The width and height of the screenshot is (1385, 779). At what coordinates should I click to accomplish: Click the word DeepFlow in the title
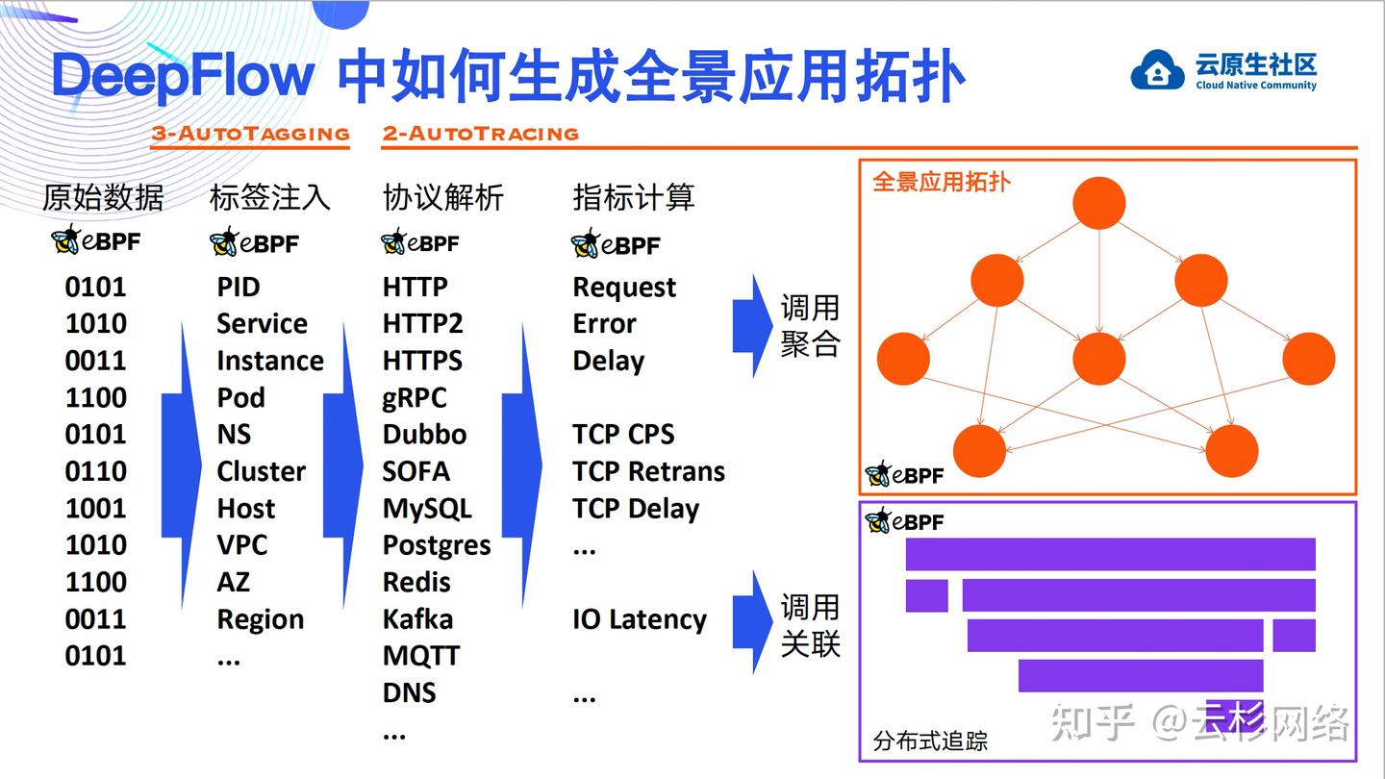(x=183, y=76)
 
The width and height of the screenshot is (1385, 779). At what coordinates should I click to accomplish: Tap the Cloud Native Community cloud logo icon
(x=1157, y=70)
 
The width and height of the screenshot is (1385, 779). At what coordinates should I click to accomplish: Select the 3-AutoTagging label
(x=250, y=134)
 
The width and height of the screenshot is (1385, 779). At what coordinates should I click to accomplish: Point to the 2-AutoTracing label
(x=480, y=134)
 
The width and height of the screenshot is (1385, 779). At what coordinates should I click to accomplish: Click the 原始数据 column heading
(x=103, y=197)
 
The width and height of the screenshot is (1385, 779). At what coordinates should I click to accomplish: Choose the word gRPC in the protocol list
(x=415, y=397)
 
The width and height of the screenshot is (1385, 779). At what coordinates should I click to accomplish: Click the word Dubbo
(x=424, y=434)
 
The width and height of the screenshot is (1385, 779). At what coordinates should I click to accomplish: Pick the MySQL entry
(x=427, y=508)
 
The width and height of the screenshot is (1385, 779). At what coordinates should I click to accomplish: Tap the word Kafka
(x=417, y=618)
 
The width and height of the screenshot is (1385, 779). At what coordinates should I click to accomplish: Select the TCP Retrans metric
(x=648, y=471)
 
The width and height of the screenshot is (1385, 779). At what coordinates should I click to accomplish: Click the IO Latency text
(x=640, y=619)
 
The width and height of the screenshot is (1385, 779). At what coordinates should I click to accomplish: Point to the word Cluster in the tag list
(x=261, y=471)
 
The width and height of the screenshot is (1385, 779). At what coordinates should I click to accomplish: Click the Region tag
(x=260, y=619)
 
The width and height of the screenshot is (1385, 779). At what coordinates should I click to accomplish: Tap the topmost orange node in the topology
(x=1098, y=203)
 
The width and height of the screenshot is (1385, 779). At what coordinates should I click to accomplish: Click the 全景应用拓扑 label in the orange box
(x=941, y=182)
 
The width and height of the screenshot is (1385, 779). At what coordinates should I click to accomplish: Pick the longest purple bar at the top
(x=1110, y=554)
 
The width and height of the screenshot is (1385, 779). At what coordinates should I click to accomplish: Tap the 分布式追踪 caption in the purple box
(x=930, y=741)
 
